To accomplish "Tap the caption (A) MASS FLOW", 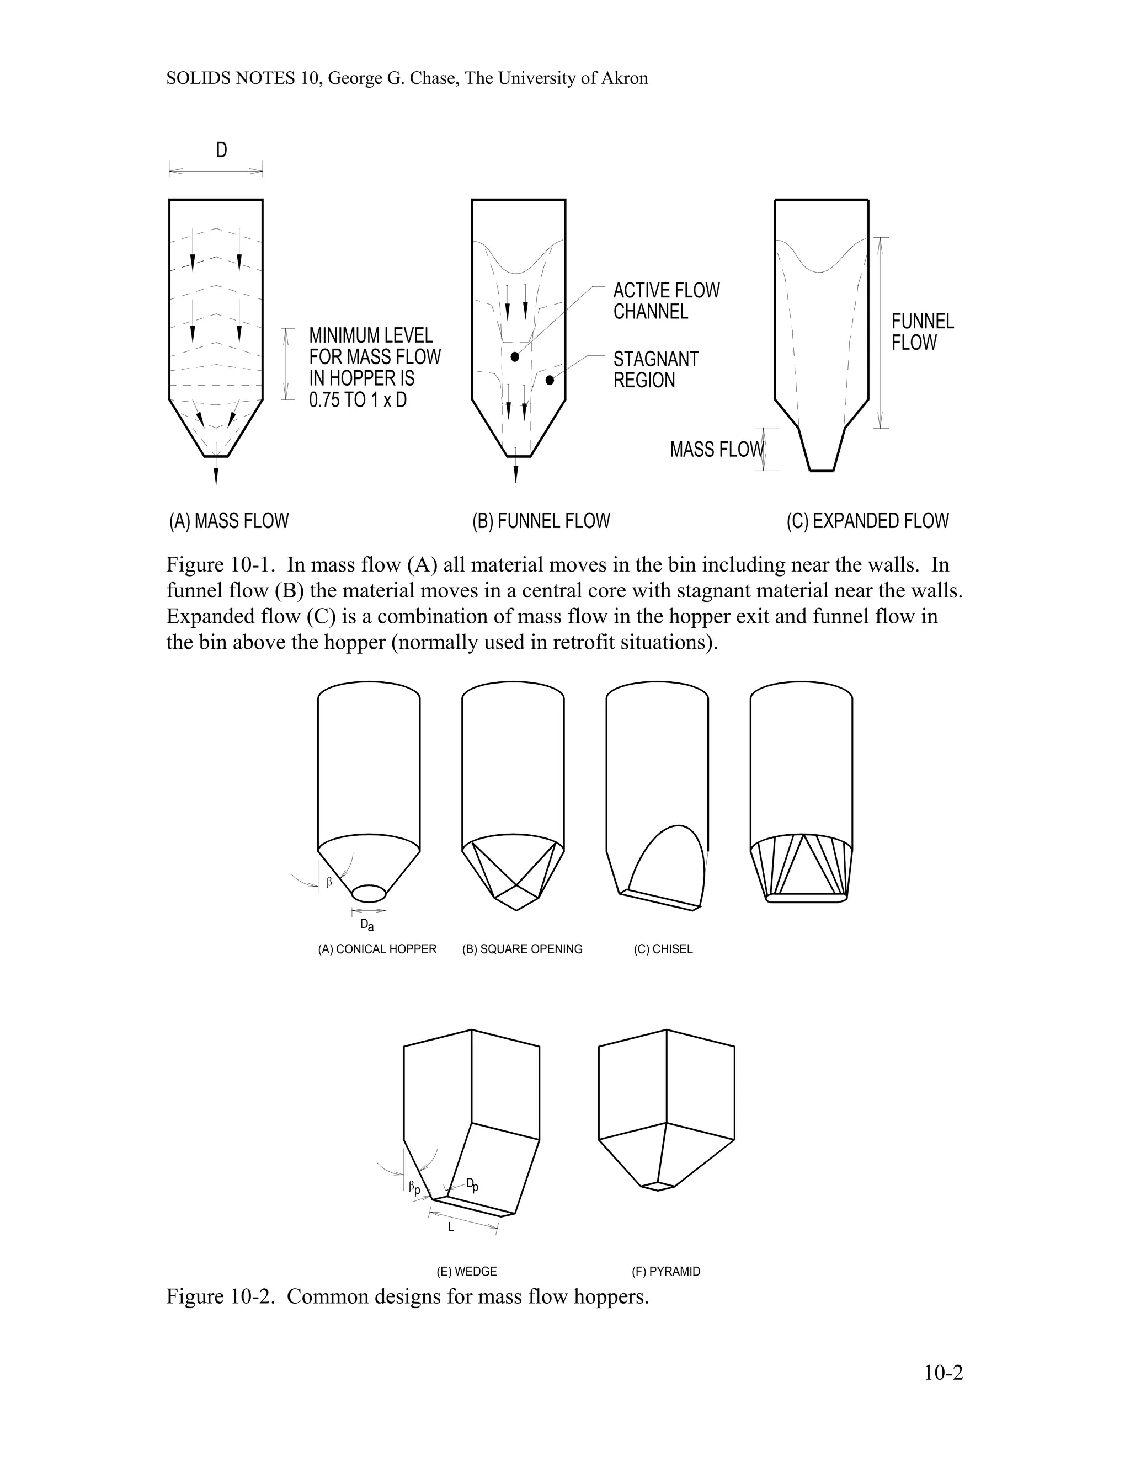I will point(229,521).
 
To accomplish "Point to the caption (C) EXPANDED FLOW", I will point(867,521).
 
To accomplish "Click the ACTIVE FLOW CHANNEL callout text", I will point(666,301).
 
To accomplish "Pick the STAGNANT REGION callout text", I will point(655,370).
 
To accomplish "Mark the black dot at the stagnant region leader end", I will point(550,380).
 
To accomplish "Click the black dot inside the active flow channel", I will point(515,357).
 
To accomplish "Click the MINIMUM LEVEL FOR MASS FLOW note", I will point(375,367).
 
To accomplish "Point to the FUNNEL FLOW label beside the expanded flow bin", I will point(923,332).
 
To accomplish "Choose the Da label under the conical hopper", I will point(367,925).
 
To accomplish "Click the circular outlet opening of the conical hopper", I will point(369,893).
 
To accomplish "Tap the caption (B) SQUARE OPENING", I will point(522,949).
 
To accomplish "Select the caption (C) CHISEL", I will point(663,949).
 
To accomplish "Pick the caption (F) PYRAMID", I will point(665,1271).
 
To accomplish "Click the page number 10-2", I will point(943,1373).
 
